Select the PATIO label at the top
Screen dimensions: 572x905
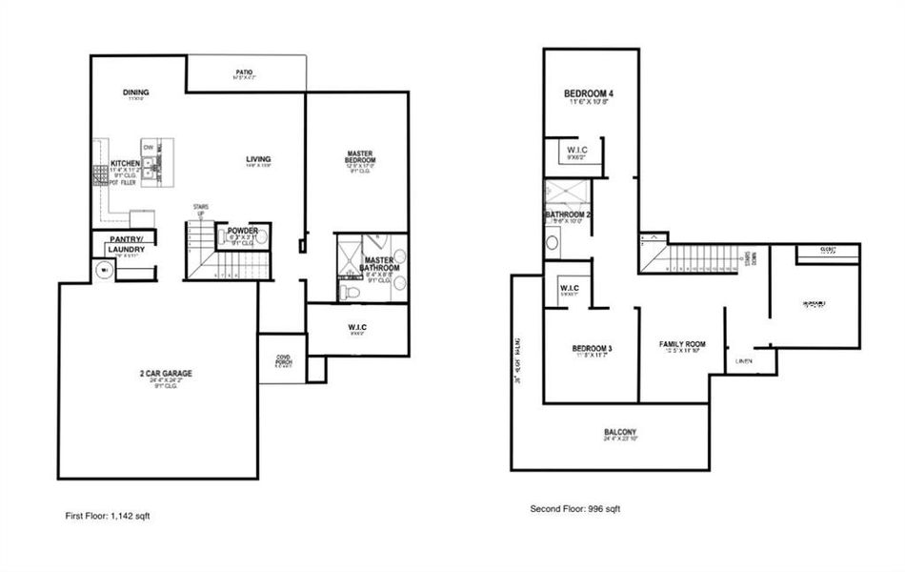(x=245, y=71)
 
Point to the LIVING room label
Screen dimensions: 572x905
(x=258, y=159)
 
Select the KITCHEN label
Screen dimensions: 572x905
(x=125, y=164)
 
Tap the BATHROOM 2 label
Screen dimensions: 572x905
(x=568, y=215)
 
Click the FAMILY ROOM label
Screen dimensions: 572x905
(x=682, y=343)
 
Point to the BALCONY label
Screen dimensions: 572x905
(x=619, y=432)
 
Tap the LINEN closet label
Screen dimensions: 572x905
(x=745, y=361)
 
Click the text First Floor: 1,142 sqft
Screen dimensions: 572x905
(x=107, y=515)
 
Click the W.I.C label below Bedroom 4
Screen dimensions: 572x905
(x=576, y=150)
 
